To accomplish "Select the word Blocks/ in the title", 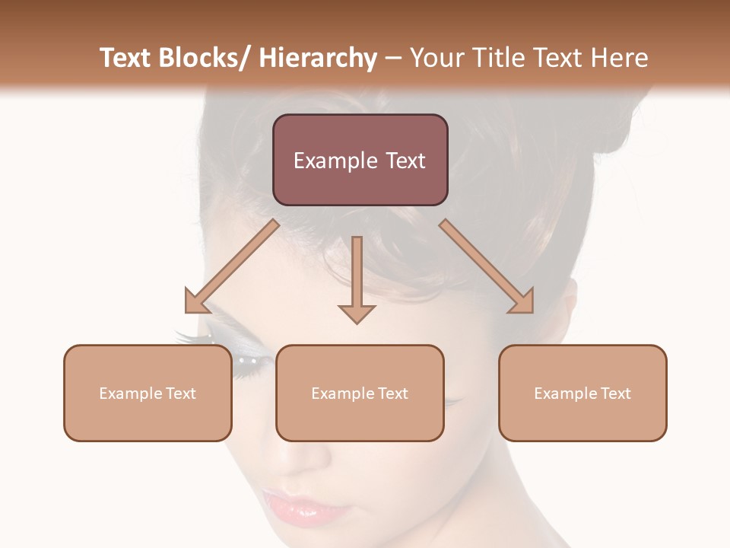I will (201, 58).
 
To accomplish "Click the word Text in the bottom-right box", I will (614, 393).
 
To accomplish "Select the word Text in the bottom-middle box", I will (392, 393).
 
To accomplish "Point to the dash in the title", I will (393, 58).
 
